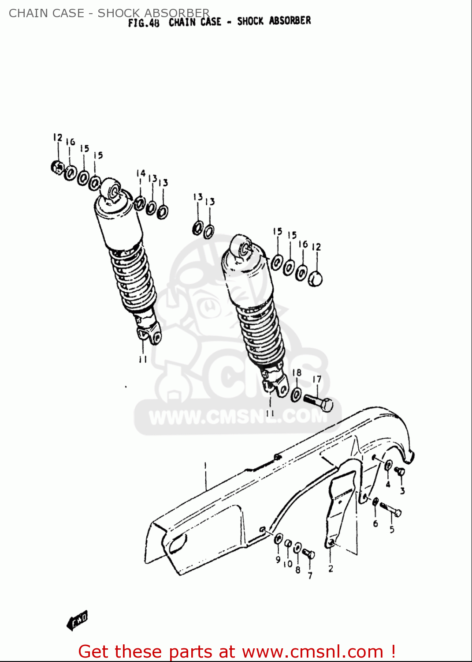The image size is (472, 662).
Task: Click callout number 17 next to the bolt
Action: [317, 379]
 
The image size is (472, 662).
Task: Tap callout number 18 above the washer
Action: [297, 373]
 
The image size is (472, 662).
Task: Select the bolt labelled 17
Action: [318, 402]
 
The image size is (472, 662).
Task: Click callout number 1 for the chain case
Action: [205, 465]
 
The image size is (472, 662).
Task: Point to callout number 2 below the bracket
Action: [331, 569]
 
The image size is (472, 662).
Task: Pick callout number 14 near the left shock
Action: [141, 173]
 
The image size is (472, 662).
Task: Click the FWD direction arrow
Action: [78, 620]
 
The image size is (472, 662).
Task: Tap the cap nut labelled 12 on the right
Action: [315, 279]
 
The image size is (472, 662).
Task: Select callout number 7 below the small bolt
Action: [310, 575]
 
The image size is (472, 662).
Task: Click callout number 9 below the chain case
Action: [278, 560]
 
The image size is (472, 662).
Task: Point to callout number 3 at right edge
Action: [402, 490]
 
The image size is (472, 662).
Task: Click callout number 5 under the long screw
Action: [392, 529]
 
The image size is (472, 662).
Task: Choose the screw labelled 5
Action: [390, 509]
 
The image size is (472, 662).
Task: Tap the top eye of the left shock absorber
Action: [111, 189]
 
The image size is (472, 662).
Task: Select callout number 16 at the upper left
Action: [71, 142]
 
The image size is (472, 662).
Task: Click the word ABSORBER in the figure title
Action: [290, 21]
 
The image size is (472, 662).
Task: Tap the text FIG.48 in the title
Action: [144, 23]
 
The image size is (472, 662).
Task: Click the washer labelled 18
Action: [297, 394]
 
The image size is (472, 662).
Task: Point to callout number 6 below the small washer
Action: [375, 523]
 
